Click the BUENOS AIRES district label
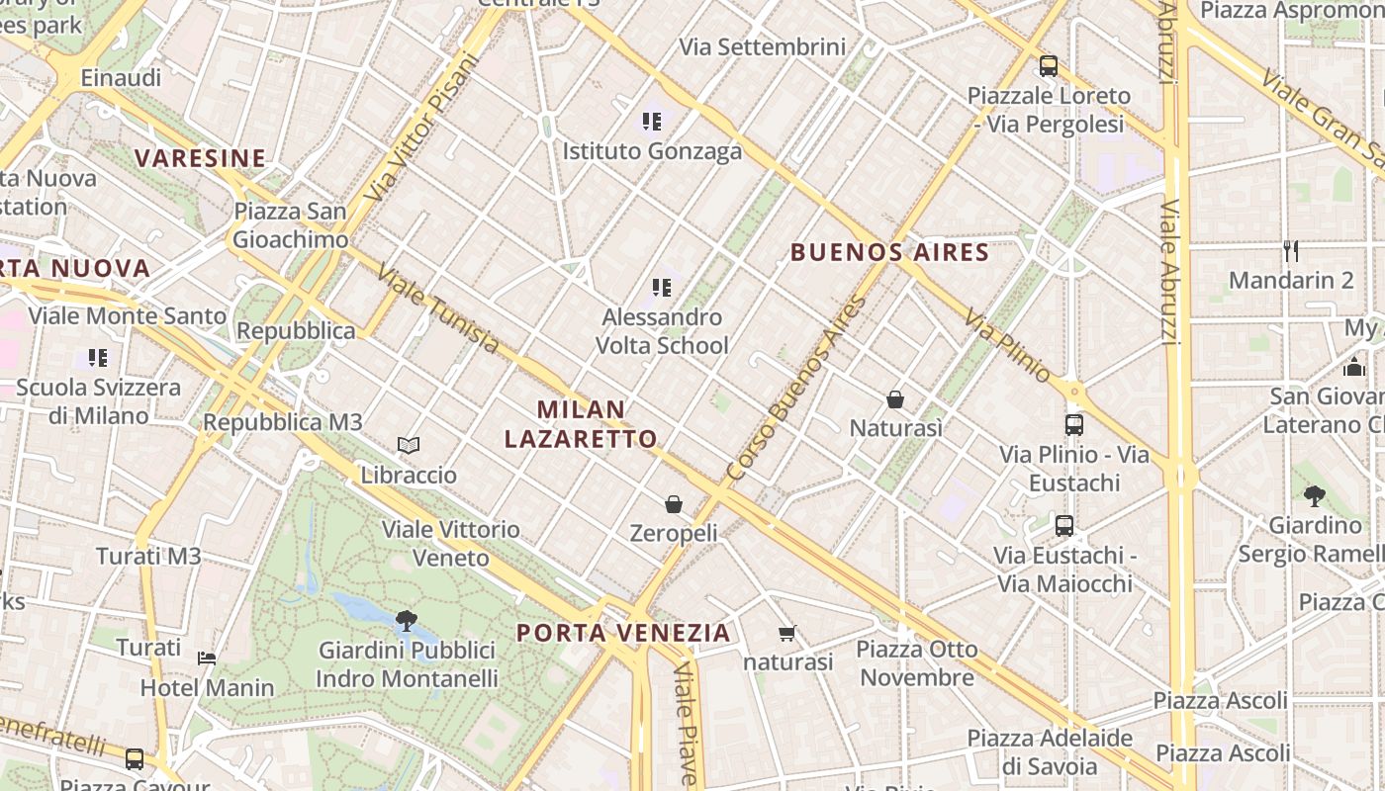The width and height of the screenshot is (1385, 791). tap(889, 252)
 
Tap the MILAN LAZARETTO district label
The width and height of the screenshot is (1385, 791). tap(581, 424)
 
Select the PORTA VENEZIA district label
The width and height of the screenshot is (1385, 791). tap(623, 633)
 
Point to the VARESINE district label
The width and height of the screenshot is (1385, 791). tap(201, 158)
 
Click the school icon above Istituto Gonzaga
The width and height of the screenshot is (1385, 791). tap(651, 122)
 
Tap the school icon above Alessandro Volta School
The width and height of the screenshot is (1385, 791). tap(662, 288)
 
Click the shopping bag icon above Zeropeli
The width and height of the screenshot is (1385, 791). tap(674, 504)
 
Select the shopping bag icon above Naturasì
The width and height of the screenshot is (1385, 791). tap(895, 399)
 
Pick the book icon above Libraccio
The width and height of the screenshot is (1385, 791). tap(409, 446)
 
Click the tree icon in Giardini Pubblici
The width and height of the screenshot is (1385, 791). tap(406, 621)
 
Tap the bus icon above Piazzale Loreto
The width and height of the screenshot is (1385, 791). tap(1049, 66)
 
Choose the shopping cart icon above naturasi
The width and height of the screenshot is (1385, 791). tap(787, 633)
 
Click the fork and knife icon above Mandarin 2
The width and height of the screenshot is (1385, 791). tap(1290, 250)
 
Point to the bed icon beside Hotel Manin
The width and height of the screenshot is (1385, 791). tap(207, 659)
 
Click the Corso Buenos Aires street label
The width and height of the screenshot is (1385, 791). tap(795, 390)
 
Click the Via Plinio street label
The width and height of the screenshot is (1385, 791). tap(1008, 345)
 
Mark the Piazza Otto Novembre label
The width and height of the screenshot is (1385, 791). tap(917, 663)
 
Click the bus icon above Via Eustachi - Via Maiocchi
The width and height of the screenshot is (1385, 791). tap(1064, 526)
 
